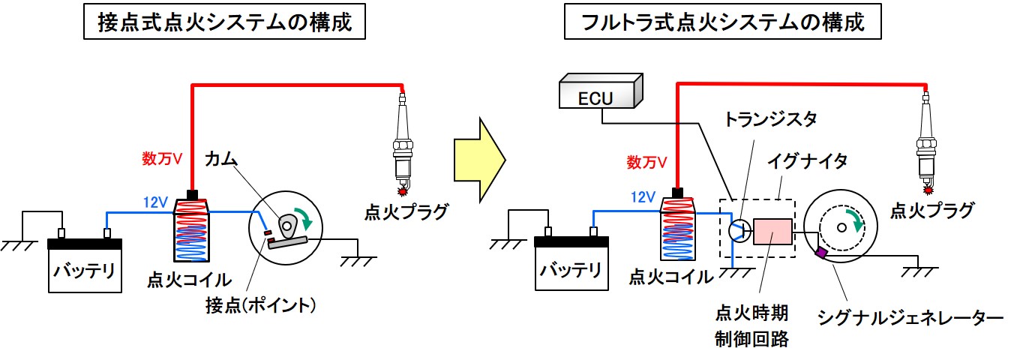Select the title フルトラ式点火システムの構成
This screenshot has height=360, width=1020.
pyautogui.click(x=723, y=23)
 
